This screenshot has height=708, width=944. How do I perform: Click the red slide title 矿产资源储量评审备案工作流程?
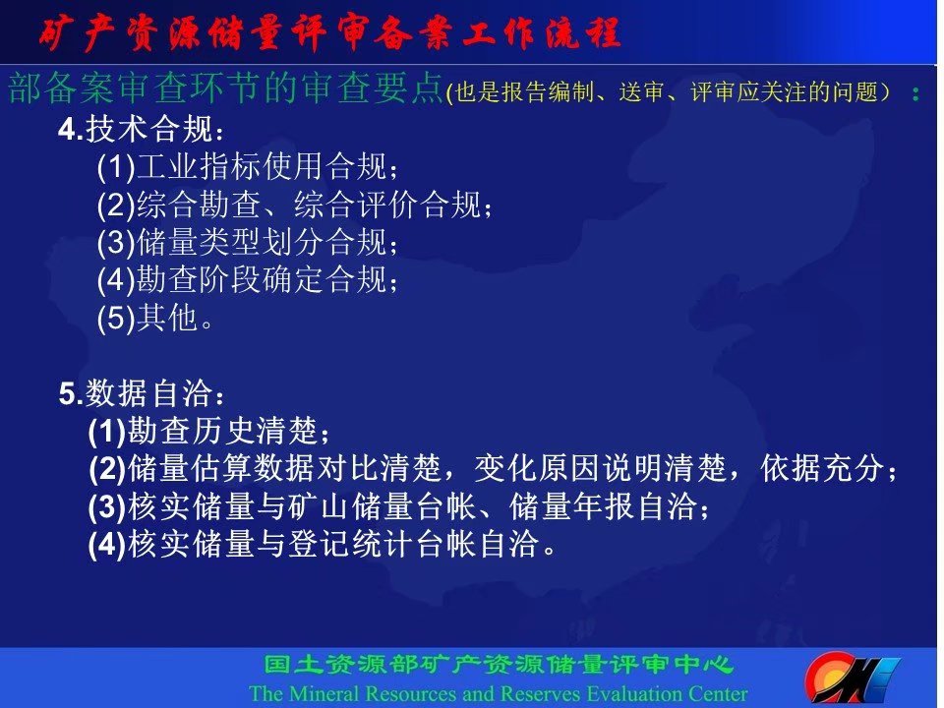point(329,32)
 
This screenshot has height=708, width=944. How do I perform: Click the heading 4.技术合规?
point(141,129)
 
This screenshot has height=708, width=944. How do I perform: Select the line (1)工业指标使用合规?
point(248,166)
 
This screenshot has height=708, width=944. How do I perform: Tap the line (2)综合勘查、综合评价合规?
point(294,205)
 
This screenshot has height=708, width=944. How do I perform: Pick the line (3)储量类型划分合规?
point(248,242)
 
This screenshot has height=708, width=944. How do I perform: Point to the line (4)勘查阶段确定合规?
point(248,279)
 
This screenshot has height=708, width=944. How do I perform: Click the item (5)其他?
point(154,317)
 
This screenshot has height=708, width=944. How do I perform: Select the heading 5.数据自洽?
point(141,393)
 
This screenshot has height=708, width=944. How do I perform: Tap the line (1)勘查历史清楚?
point(208,431)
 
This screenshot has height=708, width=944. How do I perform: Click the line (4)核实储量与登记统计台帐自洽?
point(323,544)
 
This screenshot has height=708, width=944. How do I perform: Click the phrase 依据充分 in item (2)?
point(822,468)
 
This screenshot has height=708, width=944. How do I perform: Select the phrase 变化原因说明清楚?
point(600,468)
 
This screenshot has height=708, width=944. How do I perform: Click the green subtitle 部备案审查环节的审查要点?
point(226,88)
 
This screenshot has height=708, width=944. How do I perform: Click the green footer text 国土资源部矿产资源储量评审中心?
point(499,665)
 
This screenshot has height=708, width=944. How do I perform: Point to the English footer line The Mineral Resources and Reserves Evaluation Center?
point(499,693)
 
